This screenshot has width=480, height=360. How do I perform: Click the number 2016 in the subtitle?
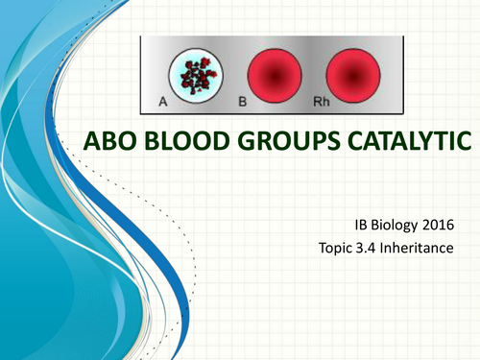pos(453,228)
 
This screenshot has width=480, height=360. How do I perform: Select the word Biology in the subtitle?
pos(405,228)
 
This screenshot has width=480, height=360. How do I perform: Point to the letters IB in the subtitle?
pos(364,228)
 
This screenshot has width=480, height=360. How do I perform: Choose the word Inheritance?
pos(428,252)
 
